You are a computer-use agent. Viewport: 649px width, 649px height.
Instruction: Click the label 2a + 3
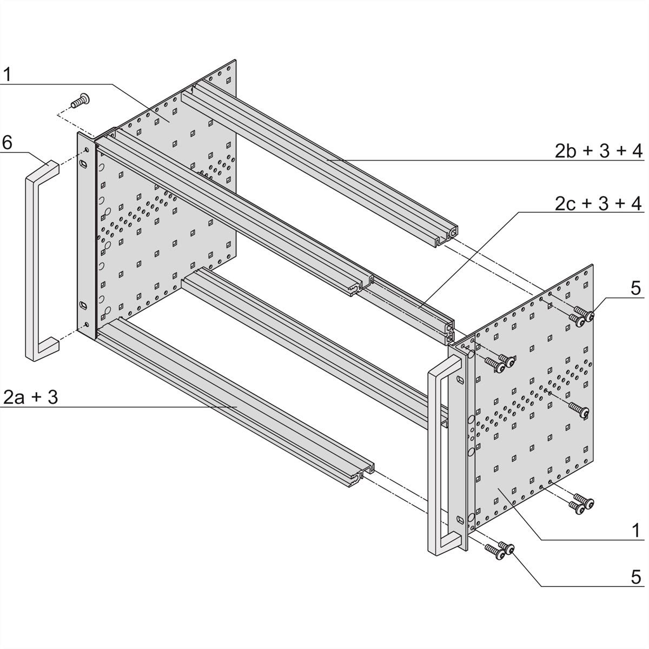[30, 398]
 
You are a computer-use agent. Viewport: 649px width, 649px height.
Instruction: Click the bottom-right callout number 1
[636, 529]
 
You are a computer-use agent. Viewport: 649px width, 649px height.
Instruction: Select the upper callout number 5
[636, 288]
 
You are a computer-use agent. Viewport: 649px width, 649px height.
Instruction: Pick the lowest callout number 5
[636, 576]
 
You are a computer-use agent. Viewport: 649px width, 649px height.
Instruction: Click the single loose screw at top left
[81, 101]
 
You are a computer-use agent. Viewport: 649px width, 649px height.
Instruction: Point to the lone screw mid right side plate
[580, 411]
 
